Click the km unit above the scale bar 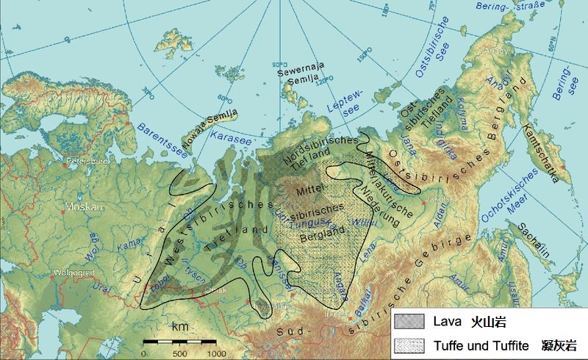coord(179,325)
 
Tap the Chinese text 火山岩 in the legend coord(488,322)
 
